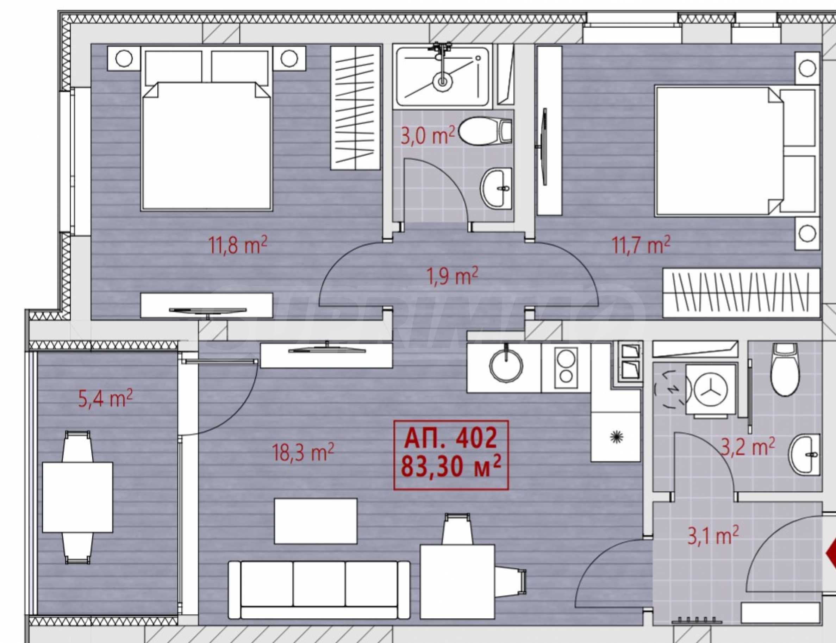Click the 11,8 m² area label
(x=237, y=245)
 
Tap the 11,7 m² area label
(x=642, y=245)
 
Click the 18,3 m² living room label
(x=303, y=452)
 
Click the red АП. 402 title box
(x=451, y=455)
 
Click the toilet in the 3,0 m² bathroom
(x=485, y=131)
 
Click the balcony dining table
(x=78, y=497)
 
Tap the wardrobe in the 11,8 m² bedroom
(x=356, y=108)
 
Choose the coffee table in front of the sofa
(x=316, y=520)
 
